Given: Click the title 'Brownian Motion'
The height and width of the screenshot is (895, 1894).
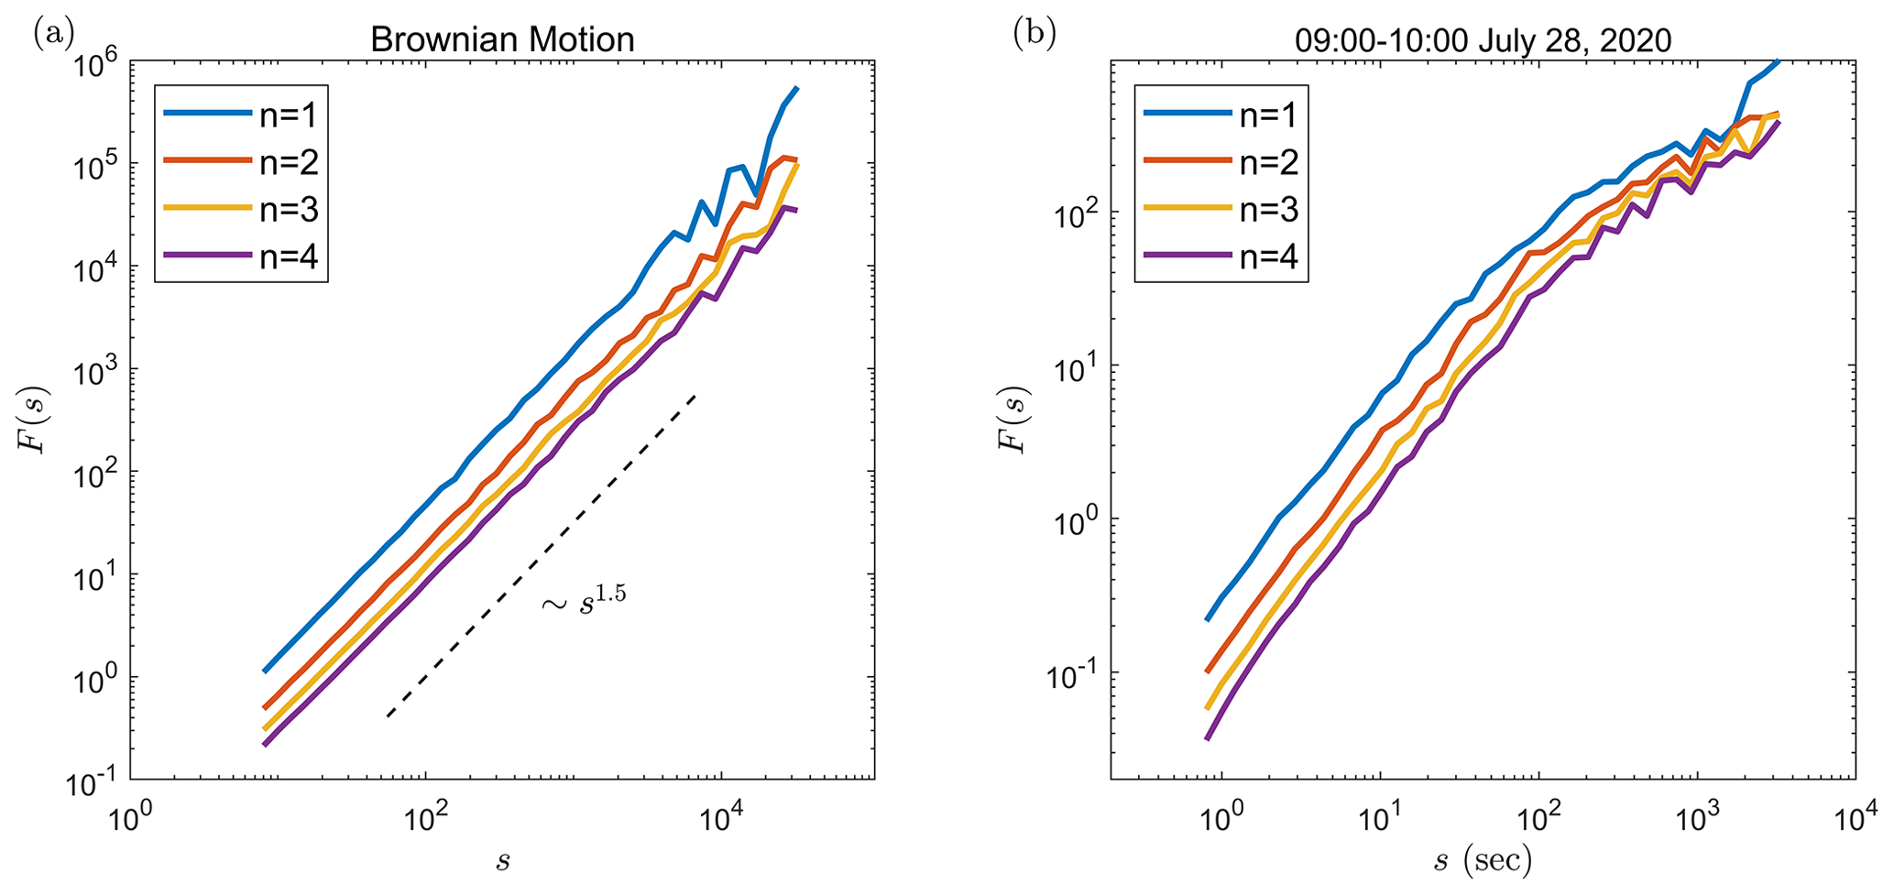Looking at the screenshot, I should pyautogui.click(x=501, y=39).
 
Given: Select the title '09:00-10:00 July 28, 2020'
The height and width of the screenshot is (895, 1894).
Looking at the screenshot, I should pyautogui.click(x=1483, y=40).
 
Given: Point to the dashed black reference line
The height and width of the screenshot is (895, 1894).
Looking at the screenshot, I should pyautogui.click(x=541, y=556).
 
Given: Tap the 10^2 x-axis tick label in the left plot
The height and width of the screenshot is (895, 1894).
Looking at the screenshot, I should pyautogui.click(x=425, y=814).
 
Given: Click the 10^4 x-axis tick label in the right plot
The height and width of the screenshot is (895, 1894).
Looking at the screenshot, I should pyautogui.click(x=1855, y=814).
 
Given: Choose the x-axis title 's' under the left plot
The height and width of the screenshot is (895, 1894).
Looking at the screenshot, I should pyautogui.click(x=502, y=861).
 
